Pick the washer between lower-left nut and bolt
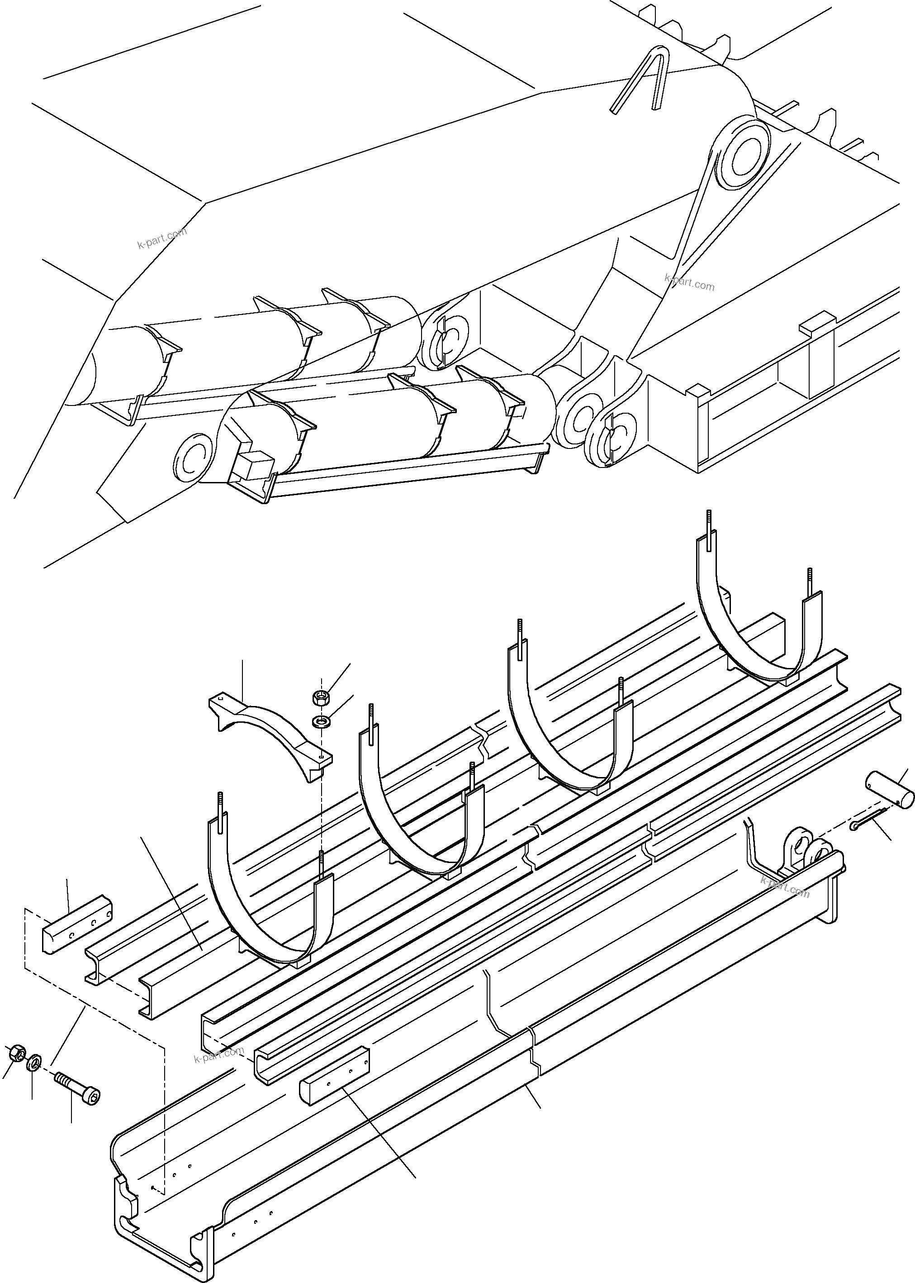coord(34,1061)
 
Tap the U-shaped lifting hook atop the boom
coord(642,79)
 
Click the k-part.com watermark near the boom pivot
coord(689,282)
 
